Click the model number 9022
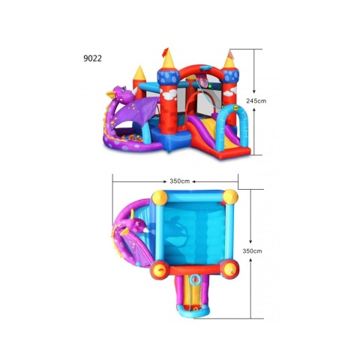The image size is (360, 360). tap(92, 58)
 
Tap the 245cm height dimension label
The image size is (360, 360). tap(256, 101)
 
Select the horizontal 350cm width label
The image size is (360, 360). tap(180, 181)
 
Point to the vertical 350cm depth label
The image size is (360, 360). tap(252, 251)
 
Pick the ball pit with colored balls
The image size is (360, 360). tap(133, 139)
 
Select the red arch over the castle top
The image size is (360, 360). tap(201, 70)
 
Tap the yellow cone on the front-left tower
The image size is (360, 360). tap(168, 58)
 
